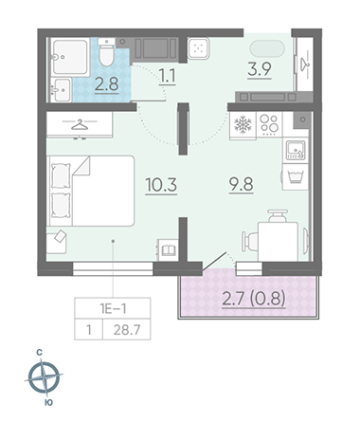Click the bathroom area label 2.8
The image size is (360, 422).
tap(107, 84)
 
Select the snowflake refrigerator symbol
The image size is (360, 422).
tap(243, 124)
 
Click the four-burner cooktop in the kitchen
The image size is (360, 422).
tap(269, 124)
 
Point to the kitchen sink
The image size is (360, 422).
tap(296, 150)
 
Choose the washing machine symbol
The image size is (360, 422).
tap(296, 176)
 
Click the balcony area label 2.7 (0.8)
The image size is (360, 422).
tap(254, 298)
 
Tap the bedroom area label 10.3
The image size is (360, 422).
tap(161, 185)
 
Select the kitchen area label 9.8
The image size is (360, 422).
tap(242, 184)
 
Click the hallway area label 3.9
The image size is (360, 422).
tap(260, 69)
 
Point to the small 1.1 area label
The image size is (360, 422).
tap(167, 77)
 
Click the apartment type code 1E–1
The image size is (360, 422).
tap(113, 308)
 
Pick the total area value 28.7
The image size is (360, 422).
tap(127, 330)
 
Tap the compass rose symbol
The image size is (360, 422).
tap(44, 377)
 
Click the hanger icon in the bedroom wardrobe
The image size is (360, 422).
tap(80, 124)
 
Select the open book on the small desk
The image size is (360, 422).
tap(169, 250)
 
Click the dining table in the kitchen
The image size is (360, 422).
tap(278, 242)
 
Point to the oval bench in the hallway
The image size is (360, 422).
tap(267, 49)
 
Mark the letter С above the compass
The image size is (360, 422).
tap(40, 353)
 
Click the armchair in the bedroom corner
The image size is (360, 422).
tap(57, 242)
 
